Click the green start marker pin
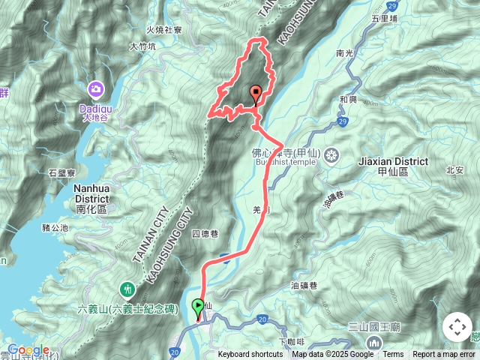(x=198, y=307)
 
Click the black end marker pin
(x=256, y=94)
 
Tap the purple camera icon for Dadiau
(x=96, y=90)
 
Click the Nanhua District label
(x=92, y=195)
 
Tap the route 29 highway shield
(x=342, y=121)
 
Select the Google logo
(x=28, y=349)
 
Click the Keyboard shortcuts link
(x=250, y=355)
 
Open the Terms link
(x=393, y=355)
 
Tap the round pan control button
(x=457, y=327)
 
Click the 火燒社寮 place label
(x=163, y=30)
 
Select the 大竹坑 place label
(x=142, y=46)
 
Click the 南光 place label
(x=345, y=54)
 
